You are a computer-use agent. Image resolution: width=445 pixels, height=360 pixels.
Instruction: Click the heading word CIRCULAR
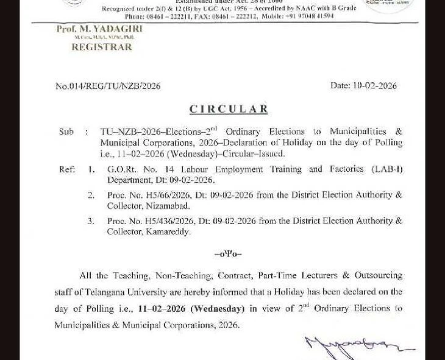click(x=228, y=110)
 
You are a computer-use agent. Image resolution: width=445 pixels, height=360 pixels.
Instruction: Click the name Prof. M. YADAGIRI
click(x=99, y=29)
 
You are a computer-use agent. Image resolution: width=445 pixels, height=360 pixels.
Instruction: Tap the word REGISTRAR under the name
click(x=102, y=47)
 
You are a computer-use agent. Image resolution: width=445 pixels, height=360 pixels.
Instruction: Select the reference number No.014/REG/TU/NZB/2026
click(x=108, y=86)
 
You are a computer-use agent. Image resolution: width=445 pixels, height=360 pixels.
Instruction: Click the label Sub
click(x=66, y=132)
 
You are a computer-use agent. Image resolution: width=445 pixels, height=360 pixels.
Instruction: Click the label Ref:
click(x=67, y=169)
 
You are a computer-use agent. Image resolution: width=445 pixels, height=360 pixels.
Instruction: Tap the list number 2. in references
click(x=91, y=195)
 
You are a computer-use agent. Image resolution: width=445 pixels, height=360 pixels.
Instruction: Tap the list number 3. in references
click(x=91, y=221)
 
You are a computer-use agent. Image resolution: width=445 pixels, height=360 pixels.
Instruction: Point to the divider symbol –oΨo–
click(x=228, y=253)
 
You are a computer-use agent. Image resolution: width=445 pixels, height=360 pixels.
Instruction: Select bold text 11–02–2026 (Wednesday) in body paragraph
click(x=191, y=309)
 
